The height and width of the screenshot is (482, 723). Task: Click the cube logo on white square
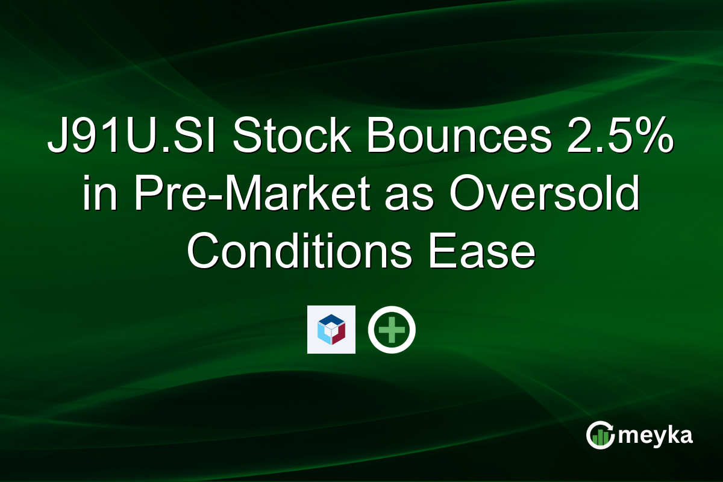pyautogui.click(x=331, y=330)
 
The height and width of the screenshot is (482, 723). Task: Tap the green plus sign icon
pyautogui.click(x=392, y=330)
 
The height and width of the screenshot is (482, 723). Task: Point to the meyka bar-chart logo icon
pyautogui.click(x=600, y=435)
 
